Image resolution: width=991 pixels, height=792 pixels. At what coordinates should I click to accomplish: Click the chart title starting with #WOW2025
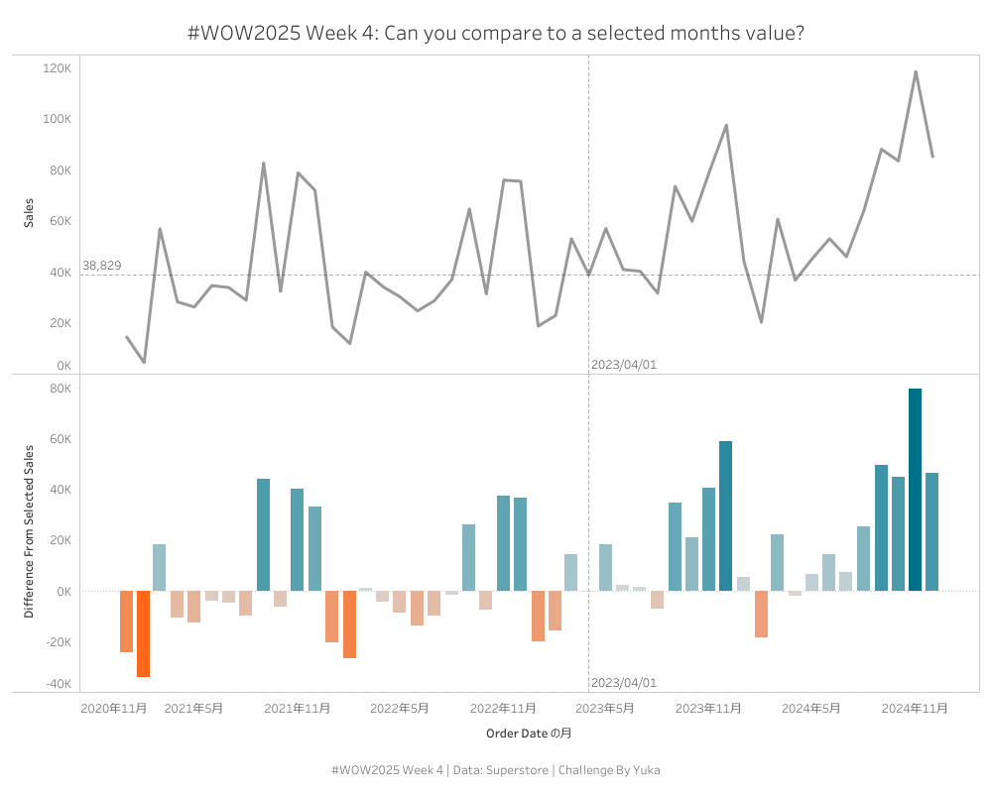click(495, 33)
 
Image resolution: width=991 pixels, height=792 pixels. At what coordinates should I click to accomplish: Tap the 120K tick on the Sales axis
click(57, 68)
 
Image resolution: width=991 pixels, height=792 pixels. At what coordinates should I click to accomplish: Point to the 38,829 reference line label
click(102, 266)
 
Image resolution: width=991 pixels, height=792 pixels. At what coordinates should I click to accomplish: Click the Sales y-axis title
click(30, 213)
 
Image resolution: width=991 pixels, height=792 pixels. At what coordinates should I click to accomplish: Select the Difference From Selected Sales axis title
click(30, 532)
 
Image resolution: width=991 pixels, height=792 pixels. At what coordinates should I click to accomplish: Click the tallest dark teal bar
click(915, 490)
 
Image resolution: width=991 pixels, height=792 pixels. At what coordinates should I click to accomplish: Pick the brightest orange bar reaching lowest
click(143, 633)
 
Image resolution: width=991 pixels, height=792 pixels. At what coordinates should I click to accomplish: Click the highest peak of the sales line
click(915, 71)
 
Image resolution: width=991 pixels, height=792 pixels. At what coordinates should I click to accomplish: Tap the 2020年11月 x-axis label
click(114, 708)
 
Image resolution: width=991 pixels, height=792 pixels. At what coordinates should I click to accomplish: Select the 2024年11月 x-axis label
click(915, 708)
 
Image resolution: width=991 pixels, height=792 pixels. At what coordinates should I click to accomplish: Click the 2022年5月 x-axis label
click(400, 708)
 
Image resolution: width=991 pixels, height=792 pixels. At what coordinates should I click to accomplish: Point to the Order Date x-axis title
click(529, 734)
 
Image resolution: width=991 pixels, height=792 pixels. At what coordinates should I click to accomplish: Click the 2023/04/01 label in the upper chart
click(624, 365)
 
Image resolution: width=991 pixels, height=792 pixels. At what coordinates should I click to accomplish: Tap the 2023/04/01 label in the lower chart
click(624, 683)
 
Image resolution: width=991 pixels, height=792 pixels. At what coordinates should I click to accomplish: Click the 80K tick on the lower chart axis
click(59, 389)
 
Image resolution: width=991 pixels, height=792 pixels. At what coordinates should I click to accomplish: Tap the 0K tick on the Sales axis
click(62, 366)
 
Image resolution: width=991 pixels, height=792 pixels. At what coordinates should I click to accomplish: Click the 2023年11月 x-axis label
click(708, 708)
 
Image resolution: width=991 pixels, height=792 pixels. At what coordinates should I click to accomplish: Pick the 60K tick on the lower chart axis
click(59, 439)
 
